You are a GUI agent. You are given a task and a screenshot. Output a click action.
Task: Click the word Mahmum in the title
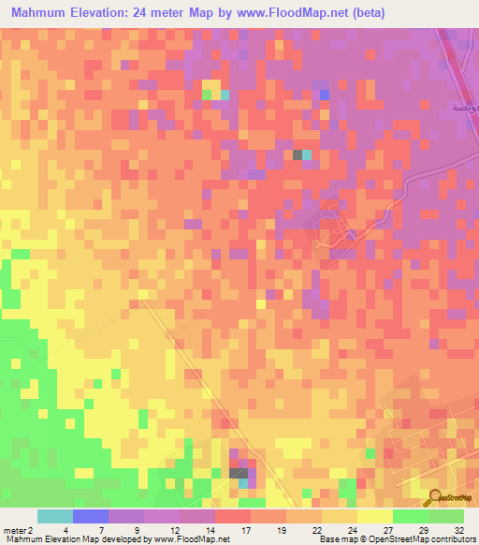(42, 14)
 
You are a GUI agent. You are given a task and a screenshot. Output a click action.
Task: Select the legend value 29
(428, 530)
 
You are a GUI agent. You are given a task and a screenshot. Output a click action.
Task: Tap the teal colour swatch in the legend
(55, 516)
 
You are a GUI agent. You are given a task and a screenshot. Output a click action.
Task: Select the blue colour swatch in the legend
(91, 516)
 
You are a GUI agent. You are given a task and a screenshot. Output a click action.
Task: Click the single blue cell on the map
(325, 95)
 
